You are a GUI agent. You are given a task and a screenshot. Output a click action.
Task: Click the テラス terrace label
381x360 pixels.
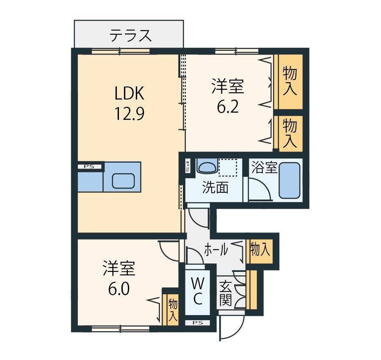pyautogui.click(x=130, y=36)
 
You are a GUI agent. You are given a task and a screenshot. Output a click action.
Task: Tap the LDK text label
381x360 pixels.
pyautogui.click(x=129, y=93)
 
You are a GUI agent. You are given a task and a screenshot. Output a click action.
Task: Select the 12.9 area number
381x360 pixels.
pyautogui.click(x=129, y=114)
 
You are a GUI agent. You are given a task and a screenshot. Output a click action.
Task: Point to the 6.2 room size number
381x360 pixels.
pyautogui.click(x=228, y=107)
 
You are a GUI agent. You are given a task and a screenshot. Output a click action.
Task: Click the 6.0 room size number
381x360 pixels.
pyautogui.click(x=119, y=289)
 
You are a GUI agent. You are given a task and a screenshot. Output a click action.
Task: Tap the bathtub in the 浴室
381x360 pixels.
pyautogui.click(x=290, y=180)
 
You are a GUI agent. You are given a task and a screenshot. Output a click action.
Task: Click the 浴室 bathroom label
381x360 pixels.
pyautogui.click(x=264, y=167)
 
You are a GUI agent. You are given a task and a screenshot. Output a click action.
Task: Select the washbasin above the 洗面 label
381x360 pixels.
pyautogui.click(x=207, y=166)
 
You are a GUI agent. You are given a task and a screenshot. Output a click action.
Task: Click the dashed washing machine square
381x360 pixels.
pyautogui.click(x=228, y=167)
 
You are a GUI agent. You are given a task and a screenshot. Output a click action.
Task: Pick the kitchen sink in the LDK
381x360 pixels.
pyautogui.click(x=123, y=181)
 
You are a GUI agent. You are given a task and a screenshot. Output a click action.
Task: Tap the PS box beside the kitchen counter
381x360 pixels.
pyautogui.click(x=90, y=167)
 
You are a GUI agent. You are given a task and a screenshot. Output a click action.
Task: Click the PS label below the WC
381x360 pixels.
pyautogui.click(x=198, y=323)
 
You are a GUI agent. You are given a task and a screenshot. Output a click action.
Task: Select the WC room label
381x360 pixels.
pyautogui.click(x=198, y=291)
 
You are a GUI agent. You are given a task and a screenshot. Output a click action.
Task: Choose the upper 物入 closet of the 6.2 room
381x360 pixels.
pyautogui.click(x=290, y=81)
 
